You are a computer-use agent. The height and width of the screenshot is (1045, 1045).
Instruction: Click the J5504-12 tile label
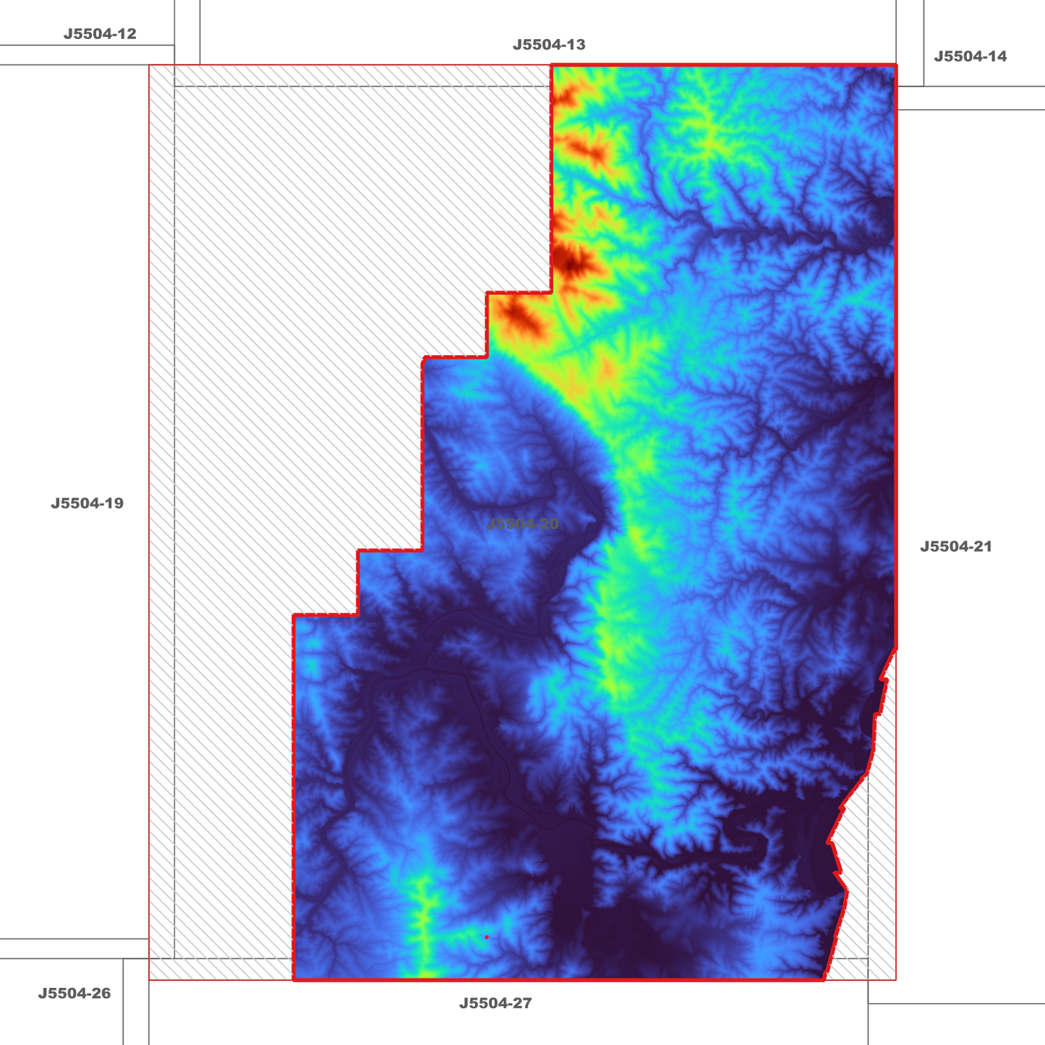pos(100,34)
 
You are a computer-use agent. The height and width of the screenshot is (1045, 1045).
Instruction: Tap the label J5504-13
pos(549,45)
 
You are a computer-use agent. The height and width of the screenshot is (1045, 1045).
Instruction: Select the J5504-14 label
pos(970,56)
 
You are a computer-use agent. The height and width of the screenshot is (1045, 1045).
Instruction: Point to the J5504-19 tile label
pos(87,503)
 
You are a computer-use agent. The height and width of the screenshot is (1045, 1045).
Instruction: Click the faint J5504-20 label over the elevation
pos(522,524)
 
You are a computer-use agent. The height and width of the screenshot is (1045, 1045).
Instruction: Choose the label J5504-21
pos(955,547)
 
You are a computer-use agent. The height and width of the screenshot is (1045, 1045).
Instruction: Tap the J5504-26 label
pos(74,994)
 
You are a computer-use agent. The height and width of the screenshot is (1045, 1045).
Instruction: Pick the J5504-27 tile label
pos(495,1004)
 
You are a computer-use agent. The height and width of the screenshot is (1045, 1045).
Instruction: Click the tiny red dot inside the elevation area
pos(487,937)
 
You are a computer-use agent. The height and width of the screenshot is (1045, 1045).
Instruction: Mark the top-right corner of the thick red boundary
pos(896,65)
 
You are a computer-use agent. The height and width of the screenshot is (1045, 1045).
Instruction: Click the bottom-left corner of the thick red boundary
pos(294,980)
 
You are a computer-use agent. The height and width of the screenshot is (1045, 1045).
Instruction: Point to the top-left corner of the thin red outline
pos(149,66)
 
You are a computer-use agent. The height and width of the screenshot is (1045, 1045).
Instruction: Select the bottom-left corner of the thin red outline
pos(149,980)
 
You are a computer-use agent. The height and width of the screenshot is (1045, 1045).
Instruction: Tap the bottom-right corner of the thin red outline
pos(896,980)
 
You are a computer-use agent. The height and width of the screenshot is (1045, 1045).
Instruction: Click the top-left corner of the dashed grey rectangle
pos(174,87)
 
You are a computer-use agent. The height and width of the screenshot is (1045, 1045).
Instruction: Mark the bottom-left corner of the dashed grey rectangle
pos(174,959)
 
